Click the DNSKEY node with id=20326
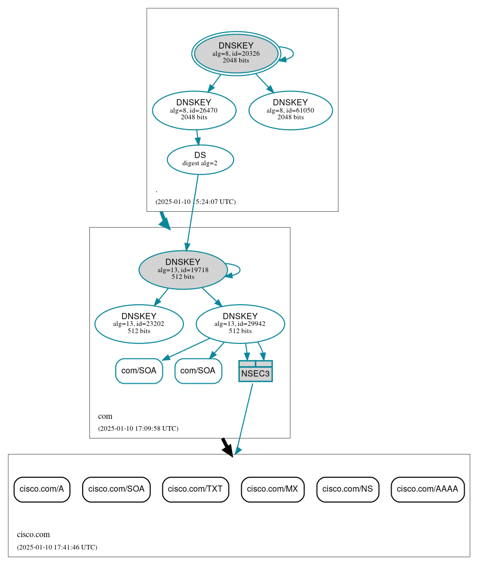pyautogui.click(x=236, y=53)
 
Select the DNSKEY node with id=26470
pyautogui.click(x=194, y=110)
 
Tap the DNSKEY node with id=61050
pyautogui.click(x=290, y=110)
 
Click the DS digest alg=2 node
pyautogui.click(x=200, y=159)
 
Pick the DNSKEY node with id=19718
pyautogui.click(x=182, y=270)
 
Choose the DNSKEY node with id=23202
pyautogui.click(x=138, y=324)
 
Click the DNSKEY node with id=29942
pyautogui.click(x=240, y=324)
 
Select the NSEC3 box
pyautogui.click(x=255, y=371)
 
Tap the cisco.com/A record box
pyautogui.click(x=41, y=489)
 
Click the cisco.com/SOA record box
pyautogui.click(x=116, y=489)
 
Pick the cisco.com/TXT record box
pyautogui.click(x=195, y=489)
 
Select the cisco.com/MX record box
pyautogui.click(x=272, y=489)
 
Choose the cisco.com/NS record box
pyautogui.click(x=347, y=489)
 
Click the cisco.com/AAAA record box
pyautogui.click(x=427, y=489)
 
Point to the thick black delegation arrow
pyautogui.click(x=227, y=447)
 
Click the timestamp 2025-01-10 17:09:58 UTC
pyautogui.click(x=138, y=429)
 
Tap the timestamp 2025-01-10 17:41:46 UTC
pyautogui.click(x=57, y=547)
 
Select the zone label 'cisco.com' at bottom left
pyautogui.click(x=33, y=535)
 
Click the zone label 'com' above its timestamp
pyautogui.click(x=105, y=416)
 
